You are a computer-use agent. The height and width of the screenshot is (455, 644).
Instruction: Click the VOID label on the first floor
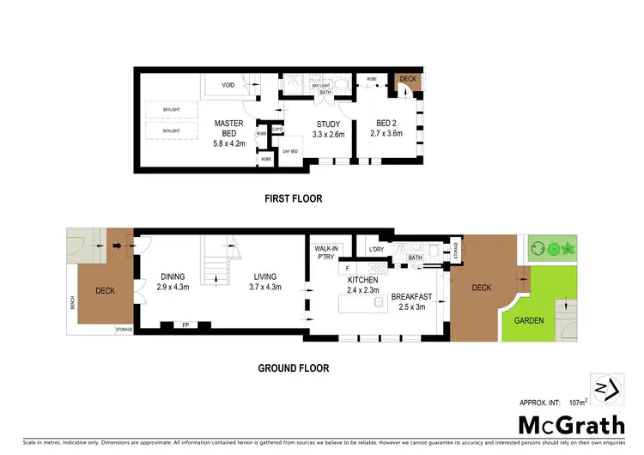(x=228, y=85)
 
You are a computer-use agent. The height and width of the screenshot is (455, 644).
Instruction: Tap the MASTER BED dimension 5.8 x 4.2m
(x=228, y=143)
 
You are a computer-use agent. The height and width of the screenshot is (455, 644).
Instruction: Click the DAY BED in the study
(x=290, y=151)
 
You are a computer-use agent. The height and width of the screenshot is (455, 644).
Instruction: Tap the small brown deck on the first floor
(x=408, y=80)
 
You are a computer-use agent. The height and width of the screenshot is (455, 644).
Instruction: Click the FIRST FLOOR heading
(x=293, y=198)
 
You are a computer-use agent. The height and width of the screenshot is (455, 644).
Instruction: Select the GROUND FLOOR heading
(x=294, y=368)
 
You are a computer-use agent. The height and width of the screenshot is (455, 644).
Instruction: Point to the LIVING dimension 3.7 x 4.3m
(x=265, y=288)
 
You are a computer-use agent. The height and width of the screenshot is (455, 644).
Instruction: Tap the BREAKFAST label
(x=413, y=297)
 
